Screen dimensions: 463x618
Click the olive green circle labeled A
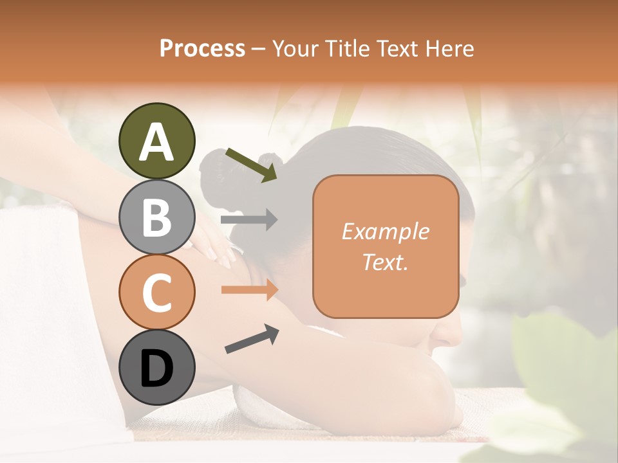tap(156, 141)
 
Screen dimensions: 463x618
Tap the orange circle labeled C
tap(156, 292)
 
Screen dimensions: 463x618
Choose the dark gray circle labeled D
tap(156, 368)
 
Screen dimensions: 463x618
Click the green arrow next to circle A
tap(252, 165)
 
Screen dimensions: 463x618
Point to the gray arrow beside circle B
tap(249, 220)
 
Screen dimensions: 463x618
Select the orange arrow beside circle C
tap(249, 290)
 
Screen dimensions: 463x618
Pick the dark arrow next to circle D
tap(252, 340)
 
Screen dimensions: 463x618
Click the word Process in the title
tap(202, 48)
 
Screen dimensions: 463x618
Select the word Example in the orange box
tap(385, 232)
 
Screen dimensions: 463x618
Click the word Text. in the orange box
tap(385, 262)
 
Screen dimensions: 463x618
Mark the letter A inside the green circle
tap(156, 142)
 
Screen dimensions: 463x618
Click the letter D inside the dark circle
tap(156, 368)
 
